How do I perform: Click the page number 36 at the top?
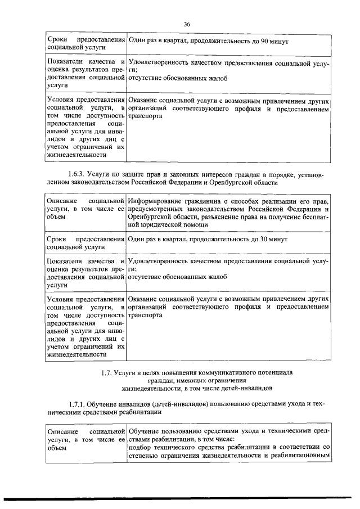tap(187, 24)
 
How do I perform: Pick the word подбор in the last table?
tap(139, 447)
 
